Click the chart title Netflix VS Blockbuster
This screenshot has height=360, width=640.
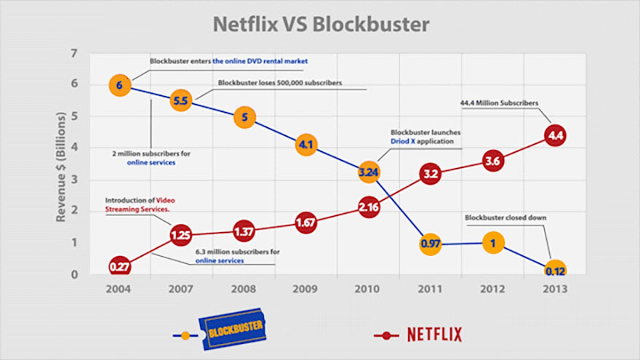pyautogui.click(x=321, y=23)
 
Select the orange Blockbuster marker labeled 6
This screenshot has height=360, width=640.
pyautogui.click(x=120, y=86)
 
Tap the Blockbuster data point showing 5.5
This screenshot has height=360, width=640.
pyautogui.click(x=181, y=101)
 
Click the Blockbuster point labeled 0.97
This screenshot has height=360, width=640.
pyautogui.click(x=431, y=244)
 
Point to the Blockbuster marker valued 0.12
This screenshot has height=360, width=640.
pyautogui.click(x=556, y=271)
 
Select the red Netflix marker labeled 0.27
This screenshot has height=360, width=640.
pyautogui.click(x=120, y=267)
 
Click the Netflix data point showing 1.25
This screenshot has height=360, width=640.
pyautogui.click(x=181, y=235)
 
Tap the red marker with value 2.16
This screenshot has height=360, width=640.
pyautogui.click(x=369, y=208)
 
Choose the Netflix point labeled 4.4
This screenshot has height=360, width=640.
pyautogui.click(x=556, y=136)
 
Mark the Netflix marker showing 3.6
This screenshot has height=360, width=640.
pyautogui.click(x=493, y=161)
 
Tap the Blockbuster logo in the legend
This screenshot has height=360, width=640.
pyautogui.click(x=232, y=334)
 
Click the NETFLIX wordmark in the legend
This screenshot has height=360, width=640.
pyautogui.click(x=433, y=335)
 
